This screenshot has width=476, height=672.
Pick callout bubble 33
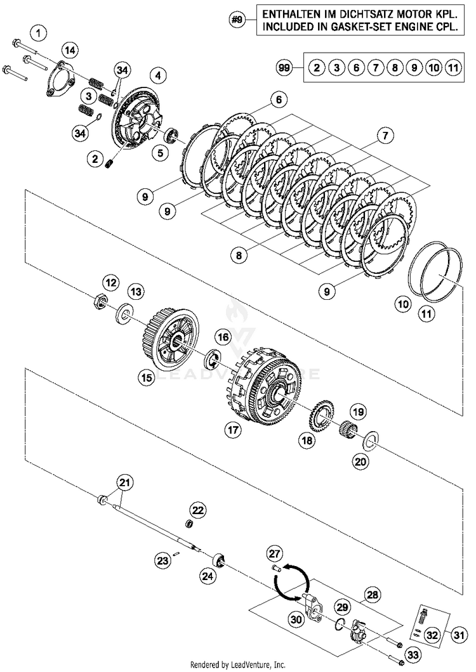pos(413,654)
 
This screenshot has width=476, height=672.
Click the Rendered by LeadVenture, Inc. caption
pos(238,664)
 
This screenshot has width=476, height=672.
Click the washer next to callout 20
pos(371,439)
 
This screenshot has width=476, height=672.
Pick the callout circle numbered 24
pos(207,576)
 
